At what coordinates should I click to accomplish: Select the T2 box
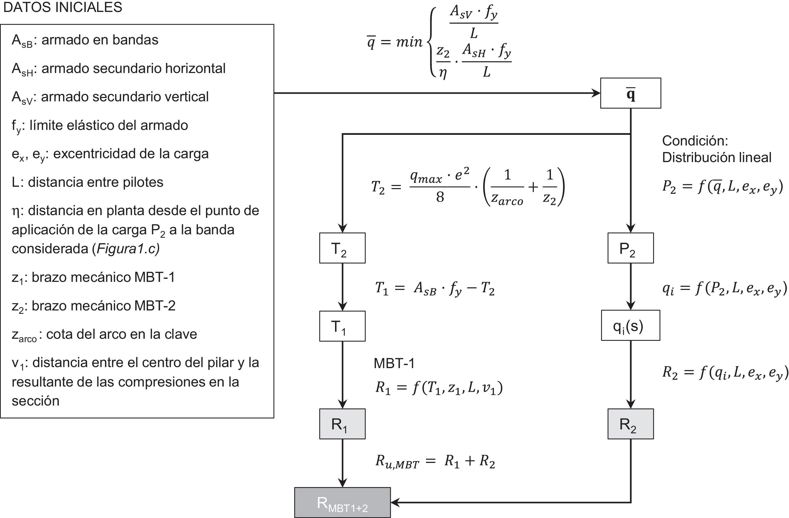342,248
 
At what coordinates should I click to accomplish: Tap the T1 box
342,326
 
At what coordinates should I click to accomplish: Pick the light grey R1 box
342,424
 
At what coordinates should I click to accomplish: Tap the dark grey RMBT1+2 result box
342,502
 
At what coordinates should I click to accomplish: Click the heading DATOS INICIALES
63,7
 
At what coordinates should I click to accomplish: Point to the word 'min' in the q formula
409,42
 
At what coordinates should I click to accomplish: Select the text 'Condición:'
695,141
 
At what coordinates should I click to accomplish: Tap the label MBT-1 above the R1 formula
394,363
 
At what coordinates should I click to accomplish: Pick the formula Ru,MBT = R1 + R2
435,462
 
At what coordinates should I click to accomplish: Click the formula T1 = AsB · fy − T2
434,289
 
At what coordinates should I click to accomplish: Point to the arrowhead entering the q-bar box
596,93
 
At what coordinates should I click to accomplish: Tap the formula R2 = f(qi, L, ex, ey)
725,373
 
